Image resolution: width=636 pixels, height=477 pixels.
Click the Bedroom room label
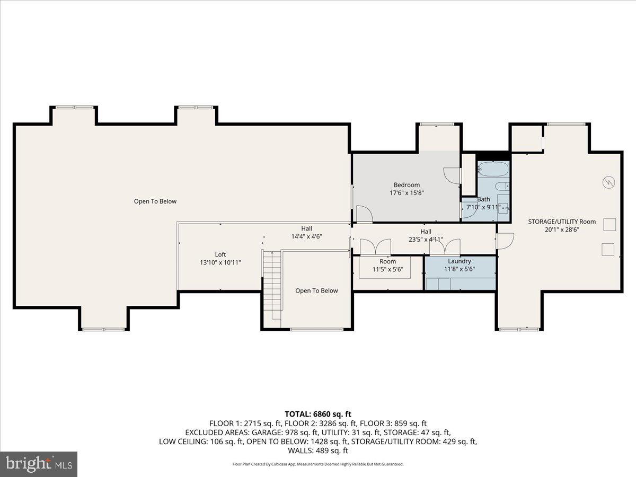pyautogui.click(x=407, y=185)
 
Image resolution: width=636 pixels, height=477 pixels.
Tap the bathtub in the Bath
pyautogui.click(x=493, y=170)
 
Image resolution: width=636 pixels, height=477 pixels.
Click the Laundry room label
pyautogui.click(x=459, y=261)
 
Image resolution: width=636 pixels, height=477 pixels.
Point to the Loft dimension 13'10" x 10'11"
pyautogui.click(x=220, y=262)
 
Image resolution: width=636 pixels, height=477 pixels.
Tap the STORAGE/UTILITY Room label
pyautogui.click(x=562, y=222)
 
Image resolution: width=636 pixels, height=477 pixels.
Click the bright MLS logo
pyautogui.click(x=39, y=464)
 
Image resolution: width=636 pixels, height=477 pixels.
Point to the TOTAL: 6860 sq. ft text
pyautogui.click(x=318, y=414)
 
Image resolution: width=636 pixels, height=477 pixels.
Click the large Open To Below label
pyautogui.click(x=155, y=201)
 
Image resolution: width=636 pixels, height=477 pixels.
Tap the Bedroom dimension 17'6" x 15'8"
pyautogui.click(x=407, y=193)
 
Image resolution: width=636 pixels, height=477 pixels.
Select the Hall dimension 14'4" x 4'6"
pyautogui.click(x=306, y=236)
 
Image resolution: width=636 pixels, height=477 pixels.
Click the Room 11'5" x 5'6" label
pyautogui.click(x=387, y=266)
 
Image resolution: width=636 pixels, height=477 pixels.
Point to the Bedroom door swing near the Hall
pyautogui.click(x=365, y=214)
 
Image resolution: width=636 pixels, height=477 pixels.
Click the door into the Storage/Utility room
pyautogui.click(x=505, y=240)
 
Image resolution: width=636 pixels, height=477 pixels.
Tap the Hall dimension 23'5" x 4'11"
pyautogui.click(x=426, y=239)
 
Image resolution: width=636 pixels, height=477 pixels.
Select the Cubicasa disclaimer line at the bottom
pyautogui.click(x=318, y=464)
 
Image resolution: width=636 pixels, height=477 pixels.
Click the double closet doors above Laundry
pyautogui.click(x=445, y=247)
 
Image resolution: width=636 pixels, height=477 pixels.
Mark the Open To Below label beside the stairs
pyautogui.click(x=316, y=290)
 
